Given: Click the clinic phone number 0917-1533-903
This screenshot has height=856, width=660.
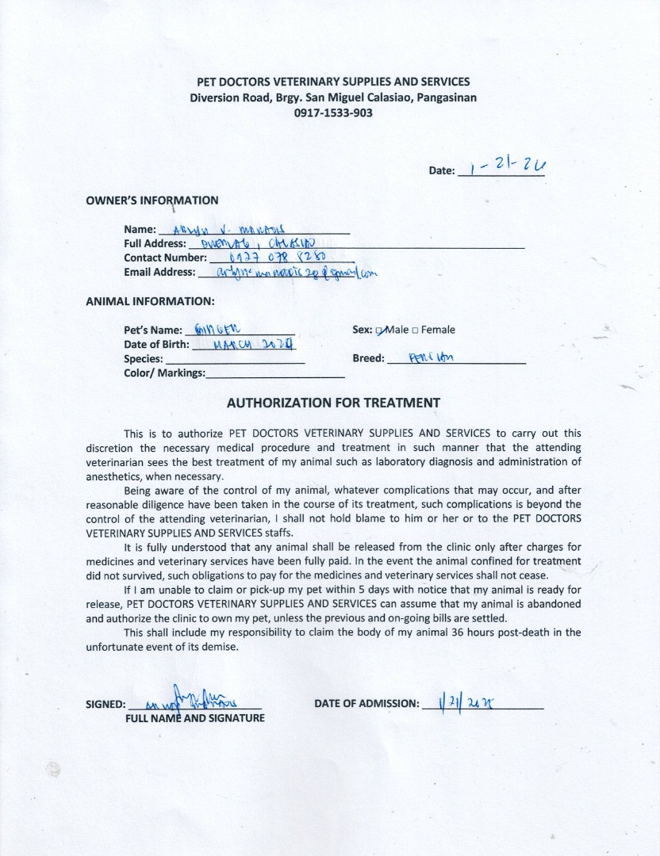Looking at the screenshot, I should [333, 113].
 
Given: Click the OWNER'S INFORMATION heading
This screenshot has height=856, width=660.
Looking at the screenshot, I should [152, 201].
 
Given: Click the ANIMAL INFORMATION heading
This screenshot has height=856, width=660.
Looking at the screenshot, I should [150, 301].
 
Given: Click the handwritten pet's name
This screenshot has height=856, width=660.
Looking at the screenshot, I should [215, 330].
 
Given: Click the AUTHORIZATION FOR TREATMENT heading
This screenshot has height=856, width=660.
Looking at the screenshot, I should [333, 403].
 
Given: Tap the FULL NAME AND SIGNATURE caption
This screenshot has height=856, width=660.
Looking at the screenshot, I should [195, 718].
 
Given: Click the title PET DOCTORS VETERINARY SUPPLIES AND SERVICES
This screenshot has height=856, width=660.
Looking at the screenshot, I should [333, 82].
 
